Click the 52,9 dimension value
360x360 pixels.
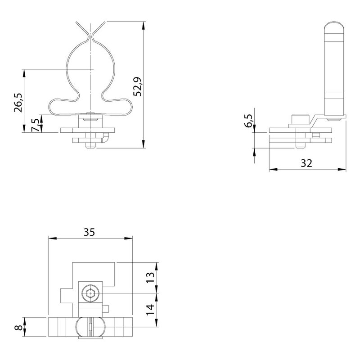(138, 86)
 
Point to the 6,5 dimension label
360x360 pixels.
(248, 120)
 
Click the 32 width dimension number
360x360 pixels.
(306, 163)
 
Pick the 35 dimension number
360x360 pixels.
(89, 232)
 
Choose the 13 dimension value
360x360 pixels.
(150, 275)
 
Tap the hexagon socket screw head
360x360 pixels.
(90, 295)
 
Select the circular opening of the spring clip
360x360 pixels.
(91, 67)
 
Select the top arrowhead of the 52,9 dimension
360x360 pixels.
(144, 24)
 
